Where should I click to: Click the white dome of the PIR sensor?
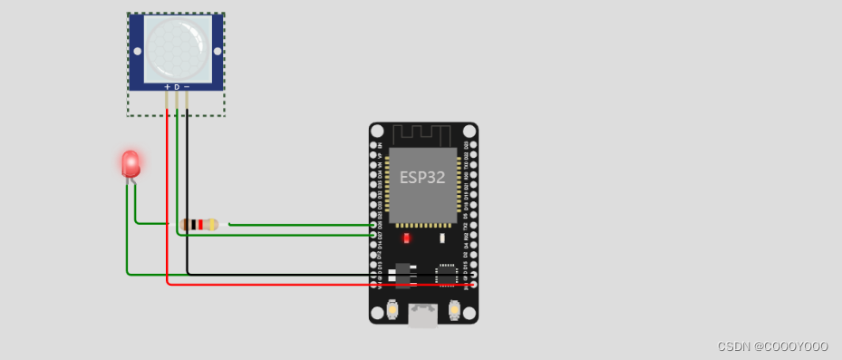click(177, 48)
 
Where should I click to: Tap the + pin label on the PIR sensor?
click(167, 86)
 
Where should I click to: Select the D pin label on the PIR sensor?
click(177, 86)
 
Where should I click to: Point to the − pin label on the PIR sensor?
click(187, 86)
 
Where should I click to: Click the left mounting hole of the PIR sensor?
click(138, 51)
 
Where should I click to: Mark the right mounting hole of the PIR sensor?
click(216, 51)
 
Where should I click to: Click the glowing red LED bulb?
click(131, 163)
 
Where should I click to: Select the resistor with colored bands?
click(199, 224)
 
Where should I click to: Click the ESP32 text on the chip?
click(422, 178)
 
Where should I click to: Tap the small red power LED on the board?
click(407, 238)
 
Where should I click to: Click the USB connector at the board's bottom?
click(423, 315)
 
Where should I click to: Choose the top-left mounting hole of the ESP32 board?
click(377, 131)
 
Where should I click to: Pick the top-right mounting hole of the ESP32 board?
click(469, 131)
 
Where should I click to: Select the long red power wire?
click(272, 284)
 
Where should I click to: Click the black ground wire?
click(272, 273)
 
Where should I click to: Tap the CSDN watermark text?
click(772, 347)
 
